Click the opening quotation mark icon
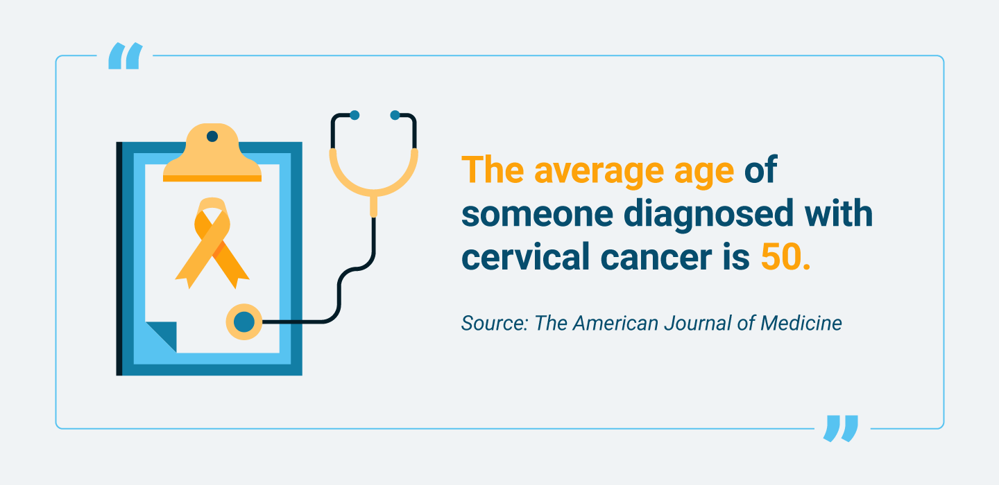[x=126, y=56]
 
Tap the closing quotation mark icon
[x=841, y=428]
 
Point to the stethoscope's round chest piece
[x=244, y=321]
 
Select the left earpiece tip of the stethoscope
[x=355, y=115]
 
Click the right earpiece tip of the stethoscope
[x=395, y=115]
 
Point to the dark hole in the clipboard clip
[x=212, y=136]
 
